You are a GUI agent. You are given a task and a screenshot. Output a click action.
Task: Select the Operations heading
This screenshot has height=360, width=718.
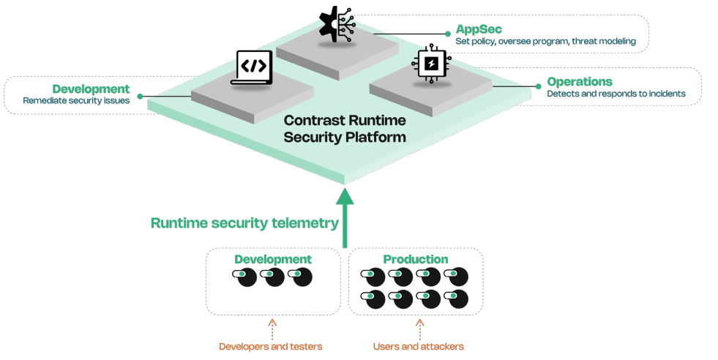(580, 81)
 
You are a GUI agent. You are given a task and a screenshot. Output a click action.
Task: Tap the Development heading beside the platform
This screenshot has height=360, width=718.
(91, 89)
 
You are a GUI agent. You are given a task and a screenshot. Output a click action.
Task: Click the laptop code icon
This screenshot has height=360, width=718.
(251, 68)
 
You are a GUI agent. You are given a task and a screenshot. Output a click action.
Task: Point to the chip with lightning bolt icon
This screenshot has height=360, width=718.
(430, 64)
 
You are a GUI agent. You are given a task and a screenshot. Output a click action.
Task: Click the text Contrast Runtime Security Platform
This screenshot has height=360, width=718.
(344, 128)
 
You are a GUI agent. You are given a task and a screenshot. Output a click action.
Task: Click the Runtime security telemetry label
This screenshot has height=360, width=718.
(244, 223)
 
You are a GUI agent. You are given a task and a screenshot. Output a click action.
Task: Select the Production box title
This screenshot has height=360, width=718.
(415, 259)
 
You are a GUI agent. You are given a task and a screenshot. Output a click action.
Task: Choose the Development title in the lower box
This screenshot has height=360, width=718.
(272, 259)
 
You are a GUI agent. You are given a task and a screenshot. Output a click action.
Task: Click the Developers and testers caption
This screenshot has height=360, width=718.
(270, 346)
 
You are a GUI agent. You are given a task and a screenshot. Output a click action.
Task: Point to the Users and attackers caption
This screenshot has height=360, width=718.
(418, 346)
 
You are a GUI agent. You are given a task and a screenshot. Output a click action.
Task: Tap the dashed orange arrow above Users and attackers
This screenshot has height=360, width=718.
(419, 327)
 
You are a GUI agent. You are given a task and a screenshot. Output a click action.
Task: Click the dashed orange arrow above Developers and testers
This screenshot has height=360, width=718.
(272, 327)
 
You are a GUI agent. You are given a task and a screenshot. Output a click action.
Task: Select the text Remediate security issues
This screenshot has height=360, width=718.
(76, 101)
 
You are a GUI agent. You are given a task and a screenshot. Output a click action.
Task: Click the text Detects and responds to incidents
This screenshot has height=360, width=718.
(616, 94)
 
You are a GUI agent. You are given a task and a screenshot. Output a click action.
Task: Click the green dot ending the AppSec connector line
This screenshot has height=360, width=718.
(448, 34)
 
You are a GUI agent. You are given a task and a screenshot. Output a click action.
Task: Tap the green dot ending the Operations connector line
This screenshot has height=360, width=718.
(539, 86)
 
